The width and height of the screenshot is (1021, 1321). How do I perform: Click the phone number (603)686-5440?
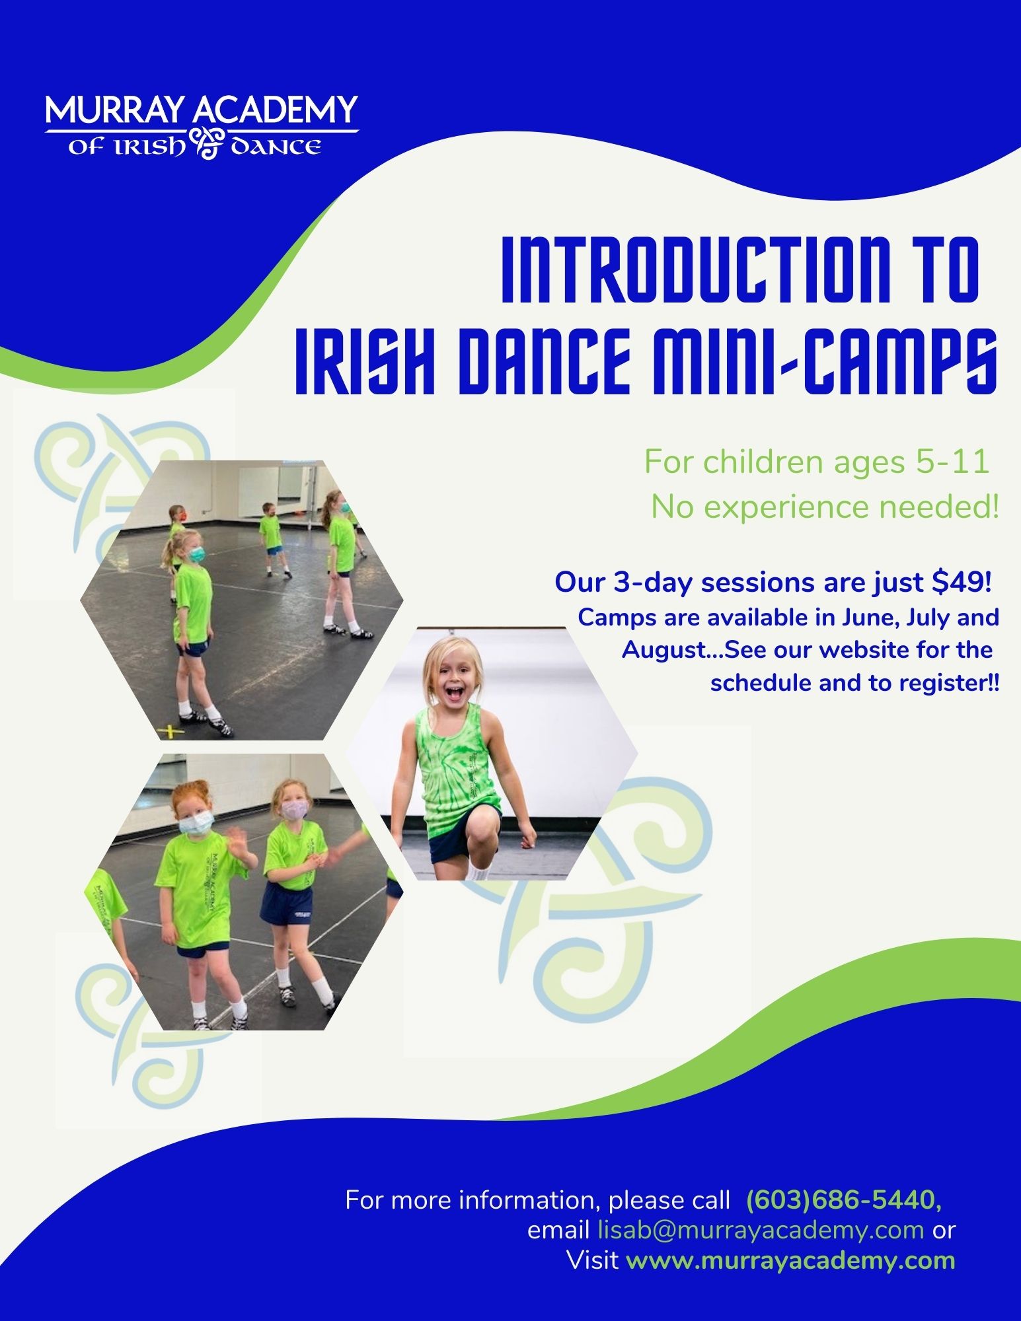844,1199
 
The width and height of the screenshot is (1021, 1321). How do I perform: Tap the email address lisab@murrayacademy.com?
761,1230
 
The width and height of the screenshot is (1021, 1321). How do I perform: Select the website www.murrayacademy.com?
790,1260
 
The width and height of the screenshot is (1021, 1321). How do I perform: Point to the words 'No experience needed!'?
825,507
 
